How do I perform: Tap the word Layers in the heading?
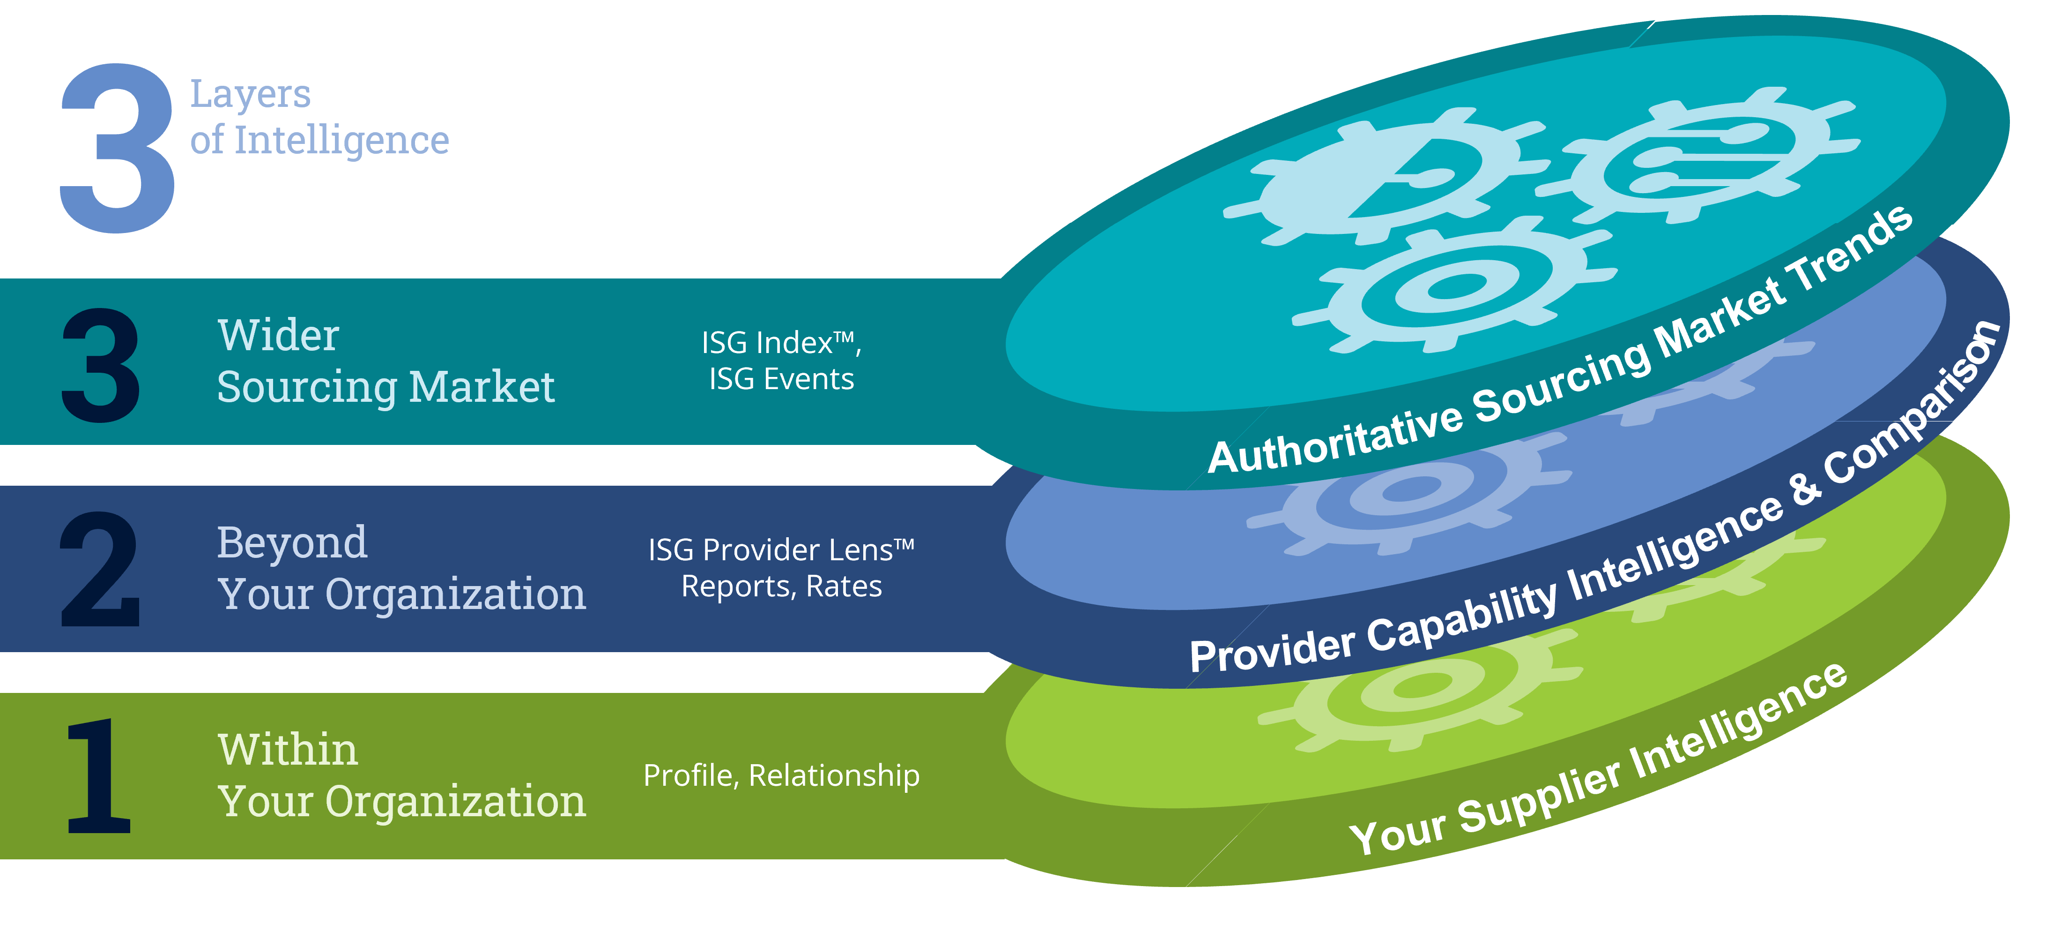[x=250, y=95]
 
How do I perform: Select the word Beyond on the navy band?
[x=292, y=542]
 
